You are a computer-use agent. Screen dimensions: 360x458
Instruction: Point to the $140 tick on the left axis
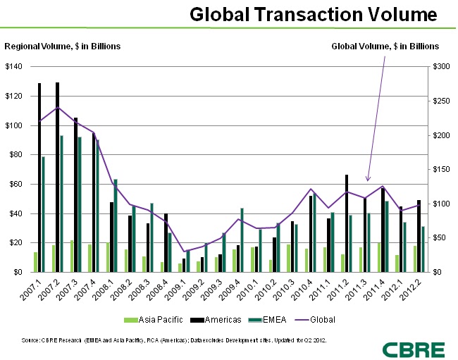coord(14,67)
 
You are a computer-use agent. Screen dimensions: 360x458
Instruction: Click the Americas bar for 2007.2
coord(57,176)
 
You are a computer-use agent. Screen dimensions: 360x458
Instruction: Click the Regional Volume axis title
coord(63,46)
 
